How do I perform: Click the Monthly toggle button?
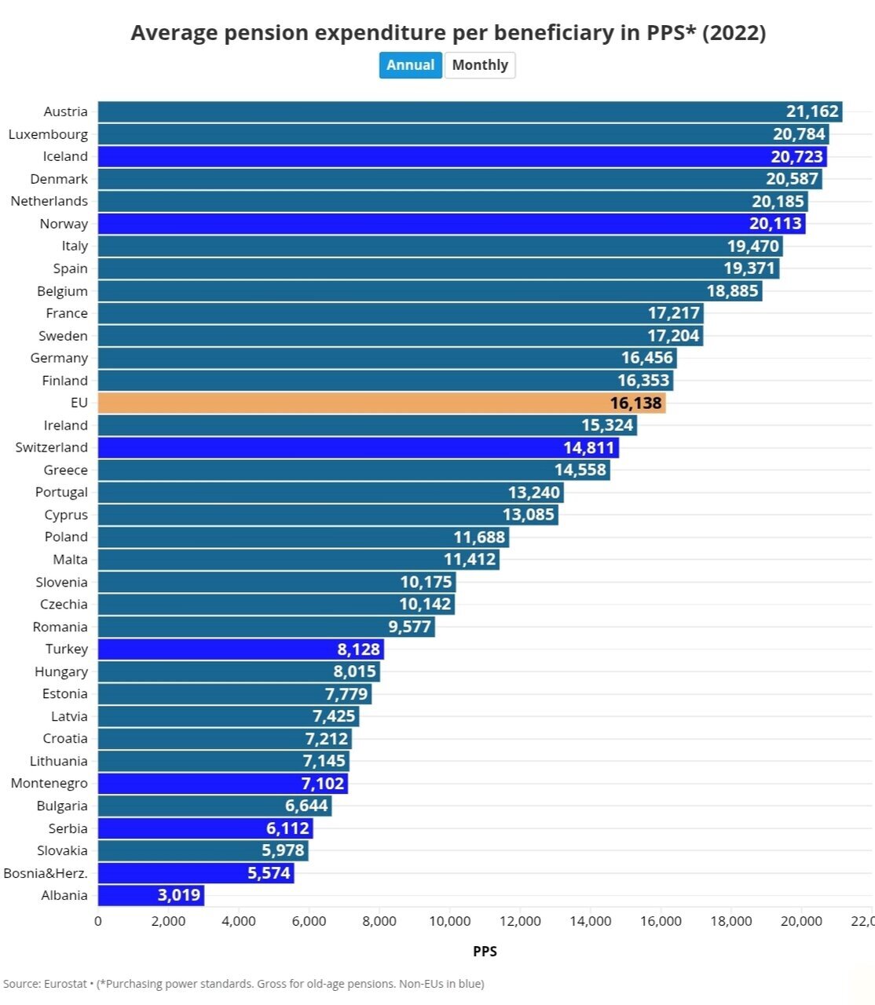click(x=480, y=65)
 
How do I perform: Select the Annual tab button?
click(x=410, y=65)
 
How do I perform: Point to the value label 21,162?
click(x=812, y=111)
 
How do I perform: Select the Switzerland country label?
click(x=52, y=448)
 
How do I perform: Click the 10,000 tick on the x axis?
click(x=450, y=922)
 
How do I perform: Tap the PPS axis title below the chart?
click(x=485, y=952)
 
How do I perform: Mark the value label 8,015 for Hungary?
click(x=354, y=672)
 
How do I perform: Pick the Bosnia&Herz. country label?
click(x=46, y=873)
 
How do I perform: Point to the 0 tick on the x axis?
click(x=98, y=922)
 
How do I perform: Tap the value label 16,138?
click(x=636, y=404)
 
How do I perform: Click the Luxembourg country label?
click(x=48, y=134)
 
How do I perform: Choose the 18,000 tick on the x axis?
click(x=731, y=922)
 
